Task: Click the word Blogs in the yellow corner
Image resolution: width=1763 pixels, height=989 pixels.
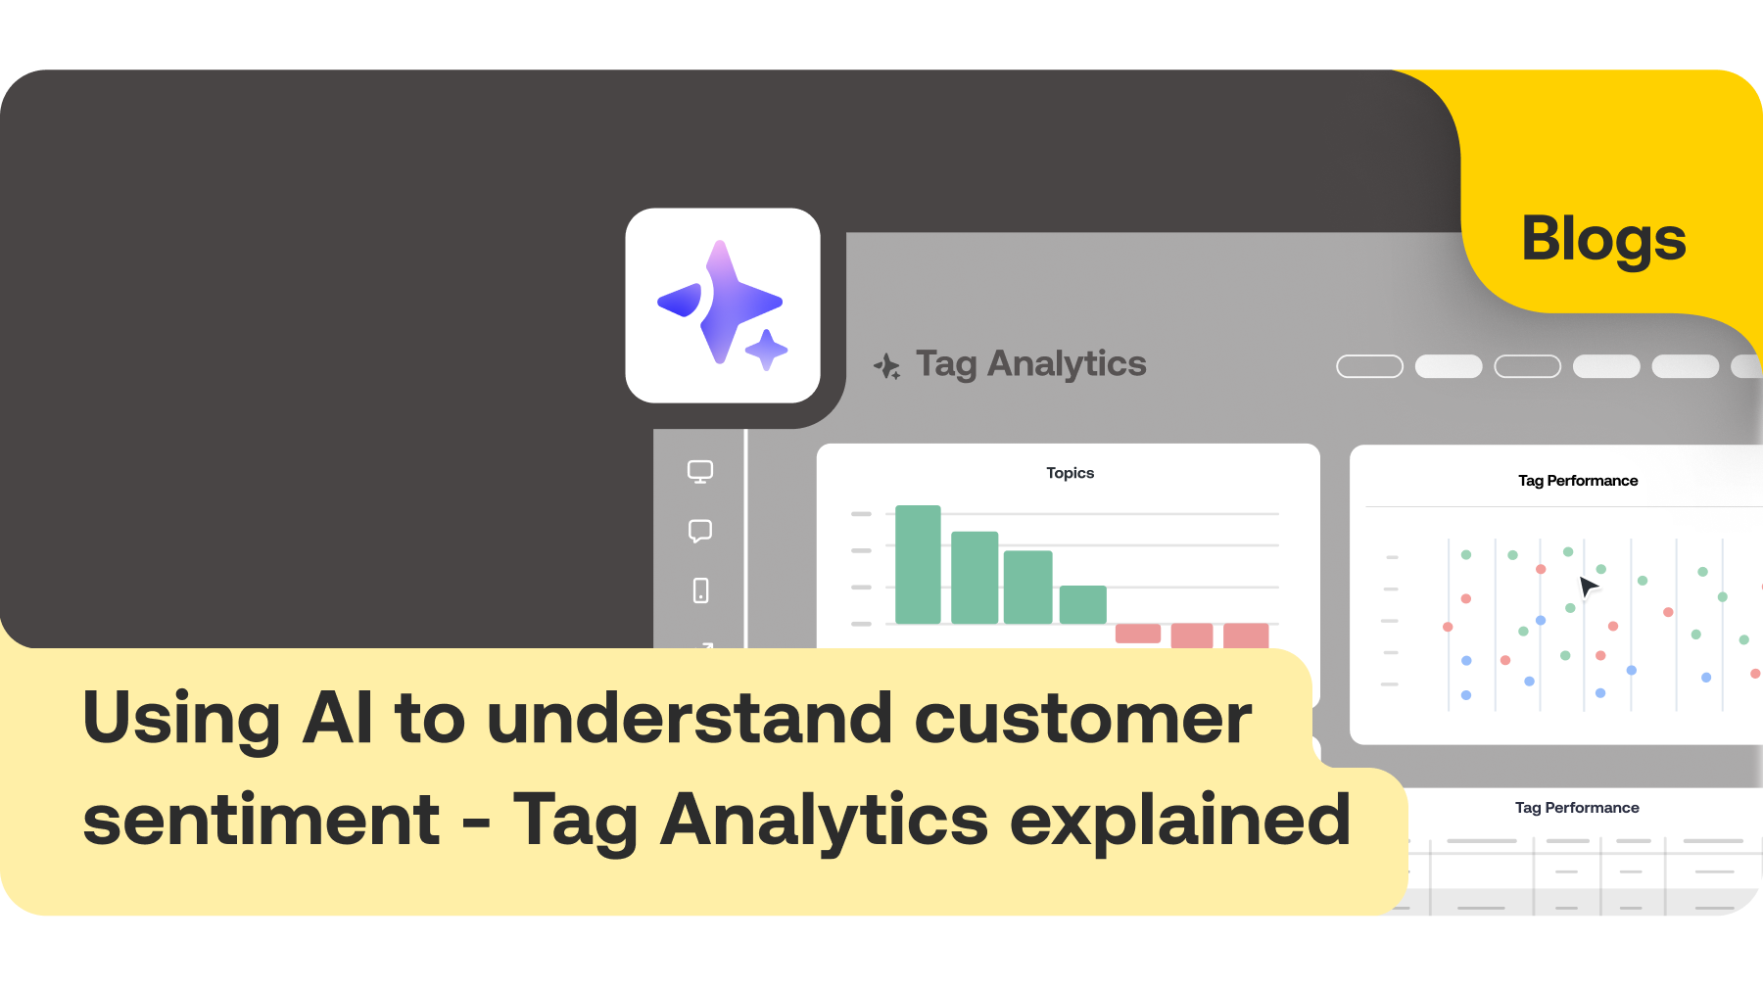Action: pos(1603,239)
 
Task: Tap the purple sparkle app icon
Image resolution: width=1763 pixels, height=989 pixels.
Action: pos(723,306)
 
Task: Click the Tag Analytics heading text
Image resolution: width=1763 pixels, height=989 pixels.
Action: pos(1030,364)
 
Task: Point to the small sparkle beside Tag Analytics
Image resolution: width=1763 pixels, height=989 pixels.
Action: pos(886,366)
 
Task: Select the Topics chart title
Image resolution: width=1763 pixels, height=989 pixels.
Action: pos(1070,473)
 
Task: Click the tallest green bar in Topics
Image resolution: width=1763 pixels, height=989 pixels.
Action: pos(918,565)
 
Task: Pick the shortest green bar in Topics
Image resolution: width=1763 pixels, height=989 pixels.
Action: pos(1082,604)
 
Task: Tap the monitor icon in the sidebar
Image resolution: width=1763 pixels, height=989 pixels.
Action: pos(700,472)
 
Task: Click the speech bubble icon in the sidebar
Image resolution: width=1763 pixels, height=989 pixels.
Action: pos(700,531)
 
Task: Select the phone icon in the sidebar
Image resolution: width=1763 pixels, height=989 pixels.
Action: pos(700,590)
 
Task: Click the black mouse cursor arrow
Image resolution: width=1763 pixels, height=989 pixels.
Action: pos(1588,587)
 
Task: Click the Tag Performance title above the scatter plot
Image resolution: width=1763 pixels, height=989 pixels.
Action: pos(1578,481)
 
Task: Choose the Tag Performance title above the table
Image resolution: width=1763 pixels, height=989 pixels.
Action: pos(1577,808)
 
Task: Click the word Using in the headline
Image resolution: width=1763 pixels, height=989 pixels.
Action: pos(182,719)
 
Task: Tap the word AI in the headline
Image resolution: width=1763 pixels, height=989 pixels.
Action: pos(337,719)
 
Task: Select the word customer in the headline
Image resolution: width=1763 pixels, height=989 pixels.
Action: pos(1082,719)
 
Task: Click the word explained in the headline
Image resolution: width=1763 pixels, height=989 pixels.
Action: pos(1180,821)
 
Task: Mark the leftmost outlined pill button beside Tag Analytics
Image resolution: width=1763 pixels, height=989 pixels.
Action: pos(1369,366)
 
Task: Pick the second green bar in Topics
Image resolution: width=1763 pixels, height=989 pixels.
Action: pos(975,578)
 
